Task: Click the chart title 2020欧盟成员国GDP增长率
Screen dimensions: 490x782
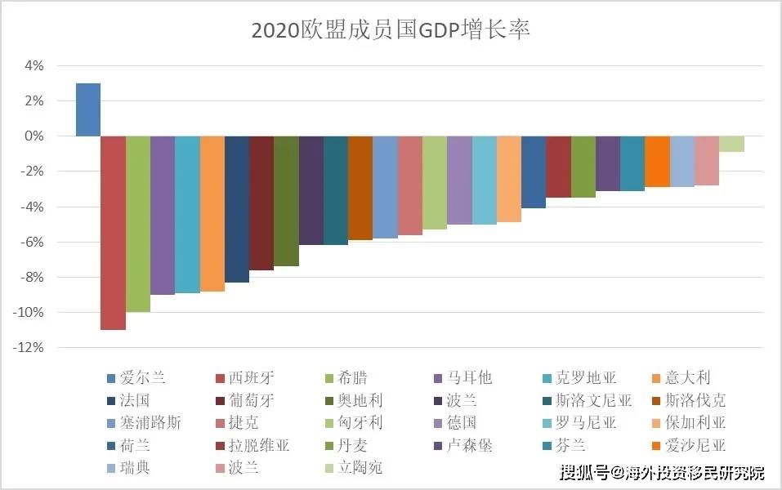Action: (391, 31)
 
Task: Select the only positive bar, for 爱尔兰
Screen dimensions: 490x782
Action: (88, 109)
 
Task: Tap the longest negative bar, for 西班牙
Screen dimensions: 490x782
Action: (113, 233)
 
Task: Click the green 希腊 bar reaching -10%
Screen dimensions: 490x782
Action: (138, 224)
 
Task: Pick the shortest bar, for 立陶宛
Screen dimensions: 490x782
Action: (731, 144)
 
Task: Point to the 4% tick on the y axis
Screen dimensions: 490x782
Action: (33, 65)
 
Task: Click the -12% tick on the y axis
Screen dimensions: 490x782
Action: (28, 348)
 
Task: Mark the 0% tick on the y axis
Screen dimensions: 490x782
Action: (33, 136)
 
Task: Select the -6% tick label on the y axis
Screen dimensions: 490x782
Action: (30, 242)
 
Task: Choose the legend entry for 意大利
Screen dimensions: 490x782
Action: (687, 378)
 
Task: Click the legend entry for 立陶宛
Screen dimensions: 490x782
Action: (360, 468)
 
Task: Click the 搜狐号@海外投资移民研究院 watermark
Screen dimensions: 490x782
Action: (662, 473)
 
